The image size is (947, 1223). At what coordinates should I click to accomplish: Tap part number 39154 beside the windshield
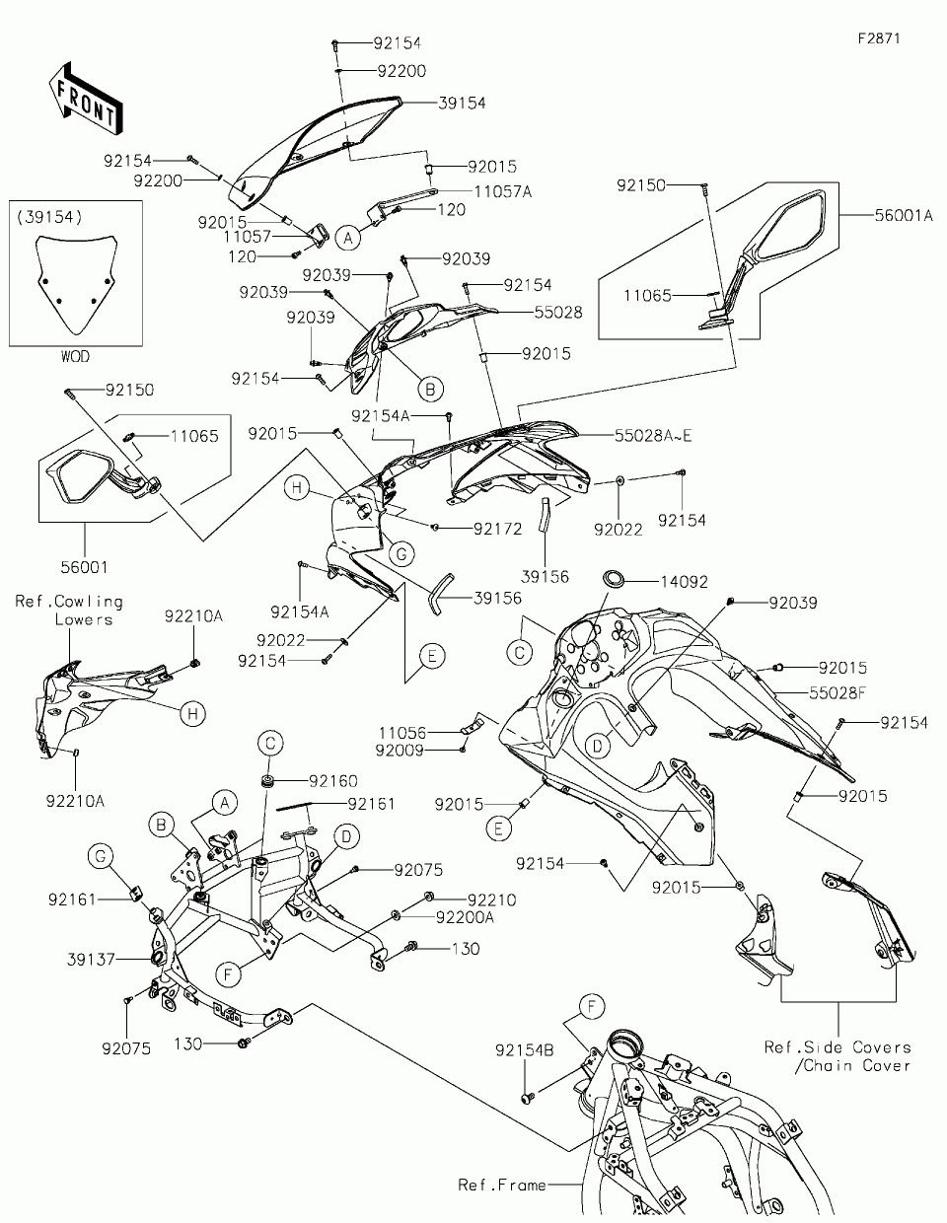coord(462,103)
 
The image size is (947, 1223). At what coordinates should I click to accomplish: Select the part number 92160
coord(333,781)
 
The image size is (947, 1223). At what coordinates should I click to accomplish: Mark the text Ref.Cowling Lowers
coord(70,610)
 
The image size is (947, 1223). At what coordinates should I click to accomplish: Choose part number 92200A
coord(466,917)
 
